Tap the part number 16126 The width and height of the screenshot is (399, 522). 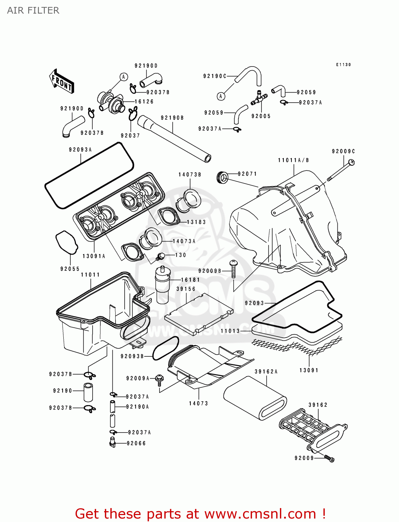pos(144,102)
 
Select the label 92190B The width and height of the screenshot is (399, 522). pos(172,118)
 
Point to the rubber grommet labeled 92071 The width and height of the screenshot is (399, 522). pos(222,178)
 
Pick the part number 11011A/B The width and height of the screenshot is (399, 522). pos(294,160)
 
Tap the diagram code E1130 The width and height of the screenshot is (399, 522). pos(343,65)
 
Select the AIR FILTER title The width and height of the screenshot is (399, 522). pos(33,10)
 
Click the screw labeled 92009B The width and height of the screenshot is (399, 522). pos(233,269)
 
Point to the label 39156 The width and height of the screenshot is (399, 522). pos(186,289)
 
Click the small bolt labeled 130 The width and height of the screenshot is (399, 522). pos(161,257)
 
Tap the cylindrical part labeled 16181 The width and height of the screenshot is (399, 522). pos(162,284)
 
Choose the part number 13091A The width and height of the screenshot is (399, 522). pos(94,256)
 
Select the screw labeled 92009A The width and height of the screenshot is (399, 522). pos(160,379)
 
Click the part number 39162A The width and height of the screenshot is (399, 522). pos(266,372)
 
